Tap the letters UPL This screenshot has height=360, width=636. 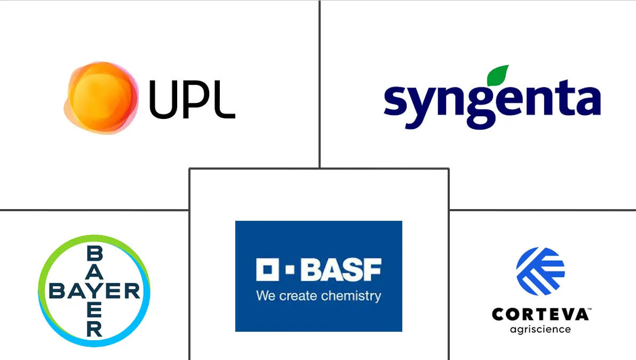tap(192, 99)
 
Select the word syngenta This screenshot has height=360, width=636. tap(492, 104)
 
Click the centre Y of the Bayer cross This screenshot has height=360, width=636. tap(94, 291)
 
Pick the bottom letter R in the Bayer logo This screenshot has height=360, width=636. tap(94, 329)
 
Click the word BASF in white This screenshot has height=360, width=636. tap(341, 270)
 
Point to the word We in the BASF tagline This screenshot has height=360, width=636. tap(265, 295)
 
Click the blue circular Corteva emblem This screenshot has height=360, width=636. tap(540, 271)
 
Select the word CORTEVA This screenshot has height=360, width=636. tap(539, 315)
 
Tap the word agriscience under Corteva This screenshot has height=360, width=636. tap(540, 330)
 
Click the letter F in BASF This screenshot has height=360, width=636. tap(372, 270)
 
